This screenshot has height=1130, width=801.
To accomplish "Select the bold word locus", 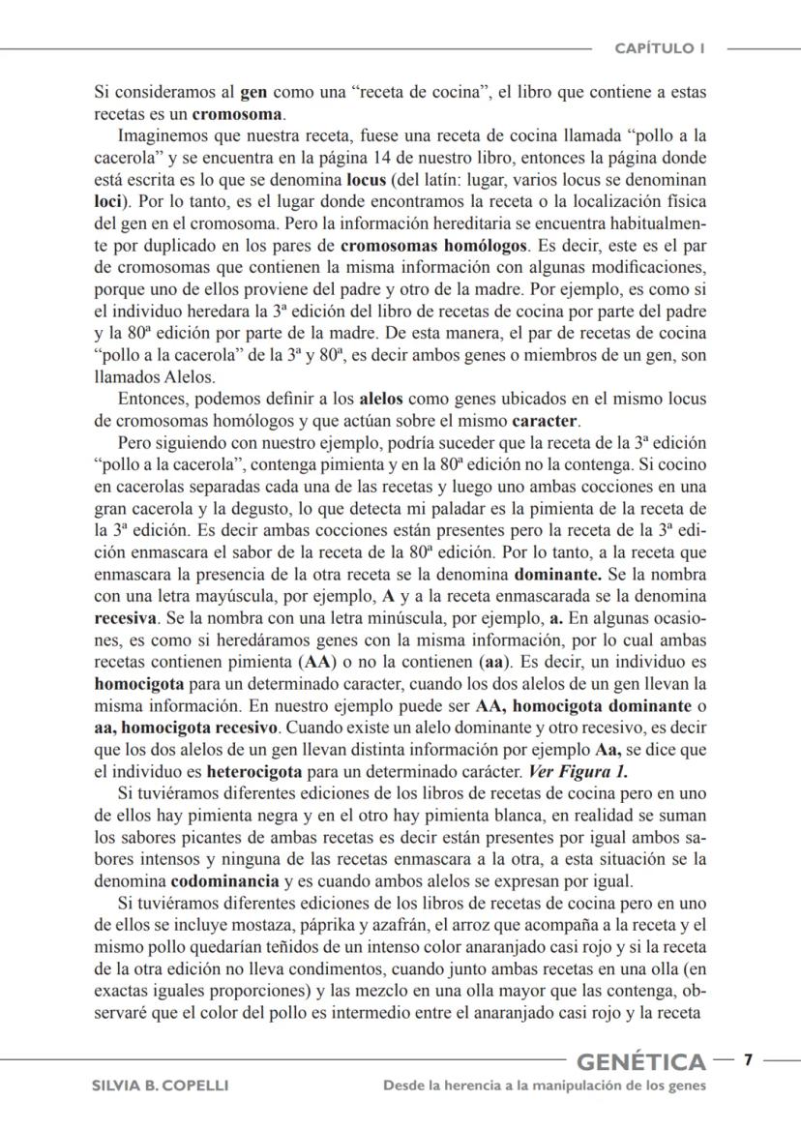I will (x=368, y=181).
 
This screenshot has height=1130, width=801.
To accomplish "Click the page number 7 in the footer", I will (x=747, y=1062).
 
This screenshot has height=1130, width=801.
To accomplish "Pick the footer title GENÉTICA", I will (x=640, y=1063).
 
